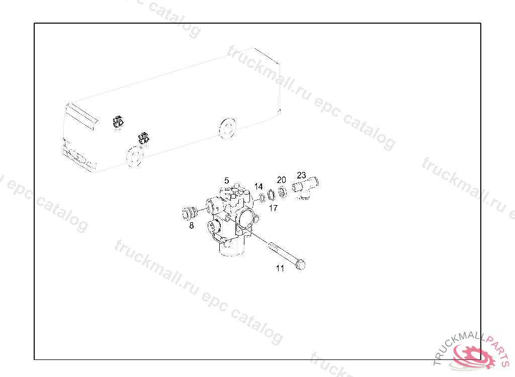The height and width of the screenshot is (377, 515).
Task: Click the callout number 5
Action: (x=226, y=180)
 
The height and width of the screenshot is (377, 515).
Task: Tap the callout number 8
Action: (x=192, y=226)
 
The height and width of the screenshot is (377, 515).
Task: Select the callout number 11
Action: (x=280, y=268)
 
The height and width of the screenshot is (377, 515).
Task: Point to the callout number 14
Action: (x=259, y=186)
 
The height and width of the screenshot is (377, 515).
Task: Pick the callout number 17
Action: (x=273, y=208)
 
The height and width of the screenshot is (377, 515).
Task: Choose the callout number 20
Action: (x=282, y=180)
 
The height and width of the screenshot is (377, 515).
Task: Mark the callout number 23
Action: (x=301, y=175)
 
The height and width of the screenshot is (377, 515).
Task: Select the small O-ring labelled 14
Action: (x=263, y=198)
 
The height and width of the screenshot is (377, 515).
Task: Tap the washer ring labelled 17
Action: (x=271, y=195)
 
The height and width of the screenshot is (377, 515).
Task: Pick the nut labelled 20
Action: (x=282, y=192)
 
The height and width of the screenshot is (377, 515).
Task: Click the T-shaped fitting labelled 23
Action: (x=305, y=187)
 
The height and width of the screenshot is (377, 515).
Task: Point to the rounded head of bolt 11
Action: (x=301, y=265)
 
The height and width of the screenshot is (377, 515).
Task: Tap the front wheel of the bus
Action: (x=135, y=156)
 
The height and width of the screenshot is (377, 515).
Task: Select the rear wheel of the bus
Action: (x=227, y=128)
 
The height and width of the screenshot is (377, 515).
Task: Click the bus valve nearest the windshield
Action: (x=118, y=122)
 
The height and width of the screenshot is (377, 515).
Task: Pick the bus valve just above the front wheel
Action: (x=143, y=138)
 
